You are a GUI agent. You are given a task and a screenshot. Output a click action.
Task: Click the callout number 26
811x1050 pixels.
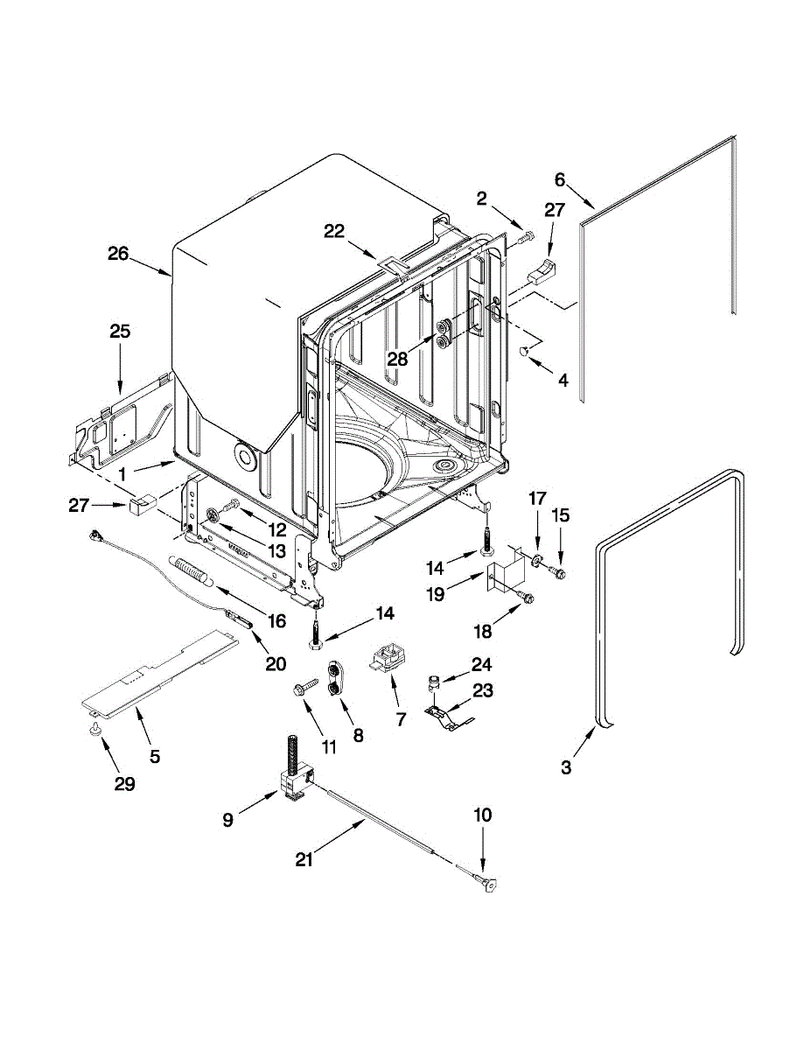(x=118, y=255)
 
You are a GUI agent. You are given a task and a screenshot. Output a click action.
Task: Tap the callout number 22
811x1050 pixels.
(x=334, y=230)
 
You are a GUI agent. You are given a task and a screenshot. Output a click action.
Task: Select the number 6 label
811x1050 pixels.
(x=560, y=179)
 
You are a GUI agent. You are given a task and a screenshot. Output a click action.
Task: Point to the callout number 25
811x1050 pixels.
(x=120, y=332)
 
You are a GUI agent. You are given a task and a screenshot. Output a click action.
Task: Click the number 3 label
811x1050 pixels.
(x=566, y=767)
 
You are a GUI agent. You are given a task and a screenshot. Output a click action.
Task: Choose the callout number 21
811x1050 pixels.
(x=304, y=860)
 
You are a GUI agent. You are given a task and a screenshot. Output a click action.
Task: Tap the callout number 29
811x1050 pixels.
(x=124, y=784)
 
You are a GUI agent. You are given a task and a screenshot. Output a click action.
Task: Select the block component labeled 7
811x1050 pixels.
(x=388, y=658)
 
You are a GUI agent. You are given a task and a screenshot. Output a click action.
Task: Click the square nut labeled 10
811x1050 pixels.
(x=486, y=886)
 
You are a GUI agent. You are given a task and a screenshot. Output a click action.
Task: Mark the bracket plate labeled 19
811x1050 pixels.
(x=506, y=577)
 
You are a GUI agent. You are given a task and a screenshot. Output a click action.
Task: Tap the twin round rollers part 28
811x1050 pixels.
(x=445, y=333)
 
